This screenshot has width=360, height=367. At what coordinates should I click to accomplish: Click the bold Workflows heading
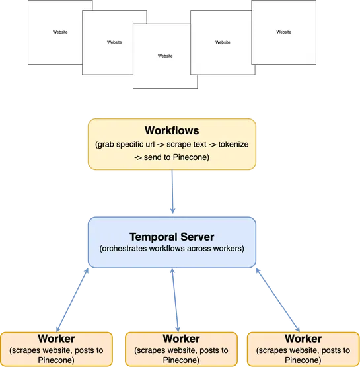[172, 130]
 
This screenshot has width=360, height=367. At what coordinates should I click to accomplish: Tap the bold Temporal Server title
[172, 236]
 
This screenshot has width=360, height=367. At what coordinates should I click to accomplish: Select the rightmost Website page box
[283, 32]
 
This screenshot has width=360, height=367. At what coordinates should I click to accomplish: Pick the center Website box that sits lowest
[165, 56]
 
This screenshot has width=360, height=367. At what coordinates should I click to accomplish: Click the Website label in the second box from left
[114, 42]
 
